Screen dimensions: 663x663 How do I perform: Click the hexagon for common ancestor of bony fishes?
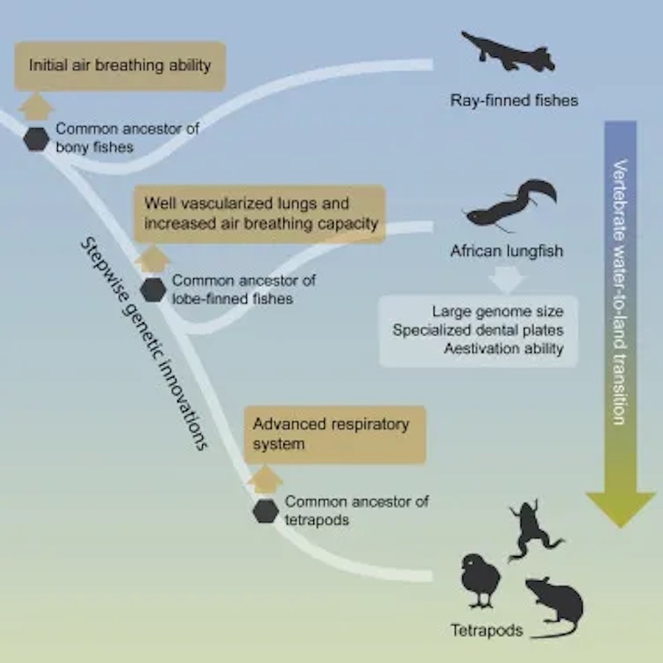[36, 138]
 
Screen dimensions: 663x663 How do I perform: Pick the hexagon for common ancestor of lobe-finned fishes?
[152, 290]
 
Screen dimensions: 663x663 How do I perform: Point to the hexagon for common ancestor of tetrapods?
[265, 511]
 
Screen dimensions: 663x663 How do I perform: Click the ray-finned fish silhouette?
[507, 54]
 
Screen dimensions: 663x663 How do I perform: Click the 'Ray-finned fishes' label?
[514, 101]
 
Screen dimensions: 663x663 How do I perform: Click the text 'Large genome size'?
[497, 312]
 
